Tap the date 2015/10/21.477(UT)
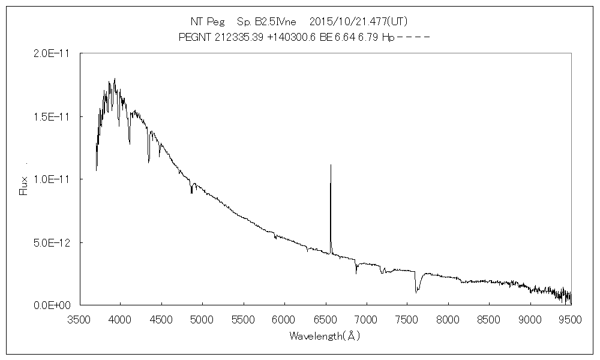coord(359,22)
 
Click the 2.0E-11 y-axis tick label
coord(52,53)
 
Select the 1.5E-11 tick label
coord(52,116)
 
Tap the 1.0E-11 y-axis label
coord(52,179)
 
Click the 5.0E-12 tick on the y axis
coord(52,242)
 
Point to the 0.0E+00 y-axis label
coord(52,305)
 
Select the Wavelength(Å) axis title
coord(325,336)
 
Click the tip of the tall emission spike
coord(331,164)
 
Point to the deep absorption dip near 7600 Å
coord(416,292)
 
